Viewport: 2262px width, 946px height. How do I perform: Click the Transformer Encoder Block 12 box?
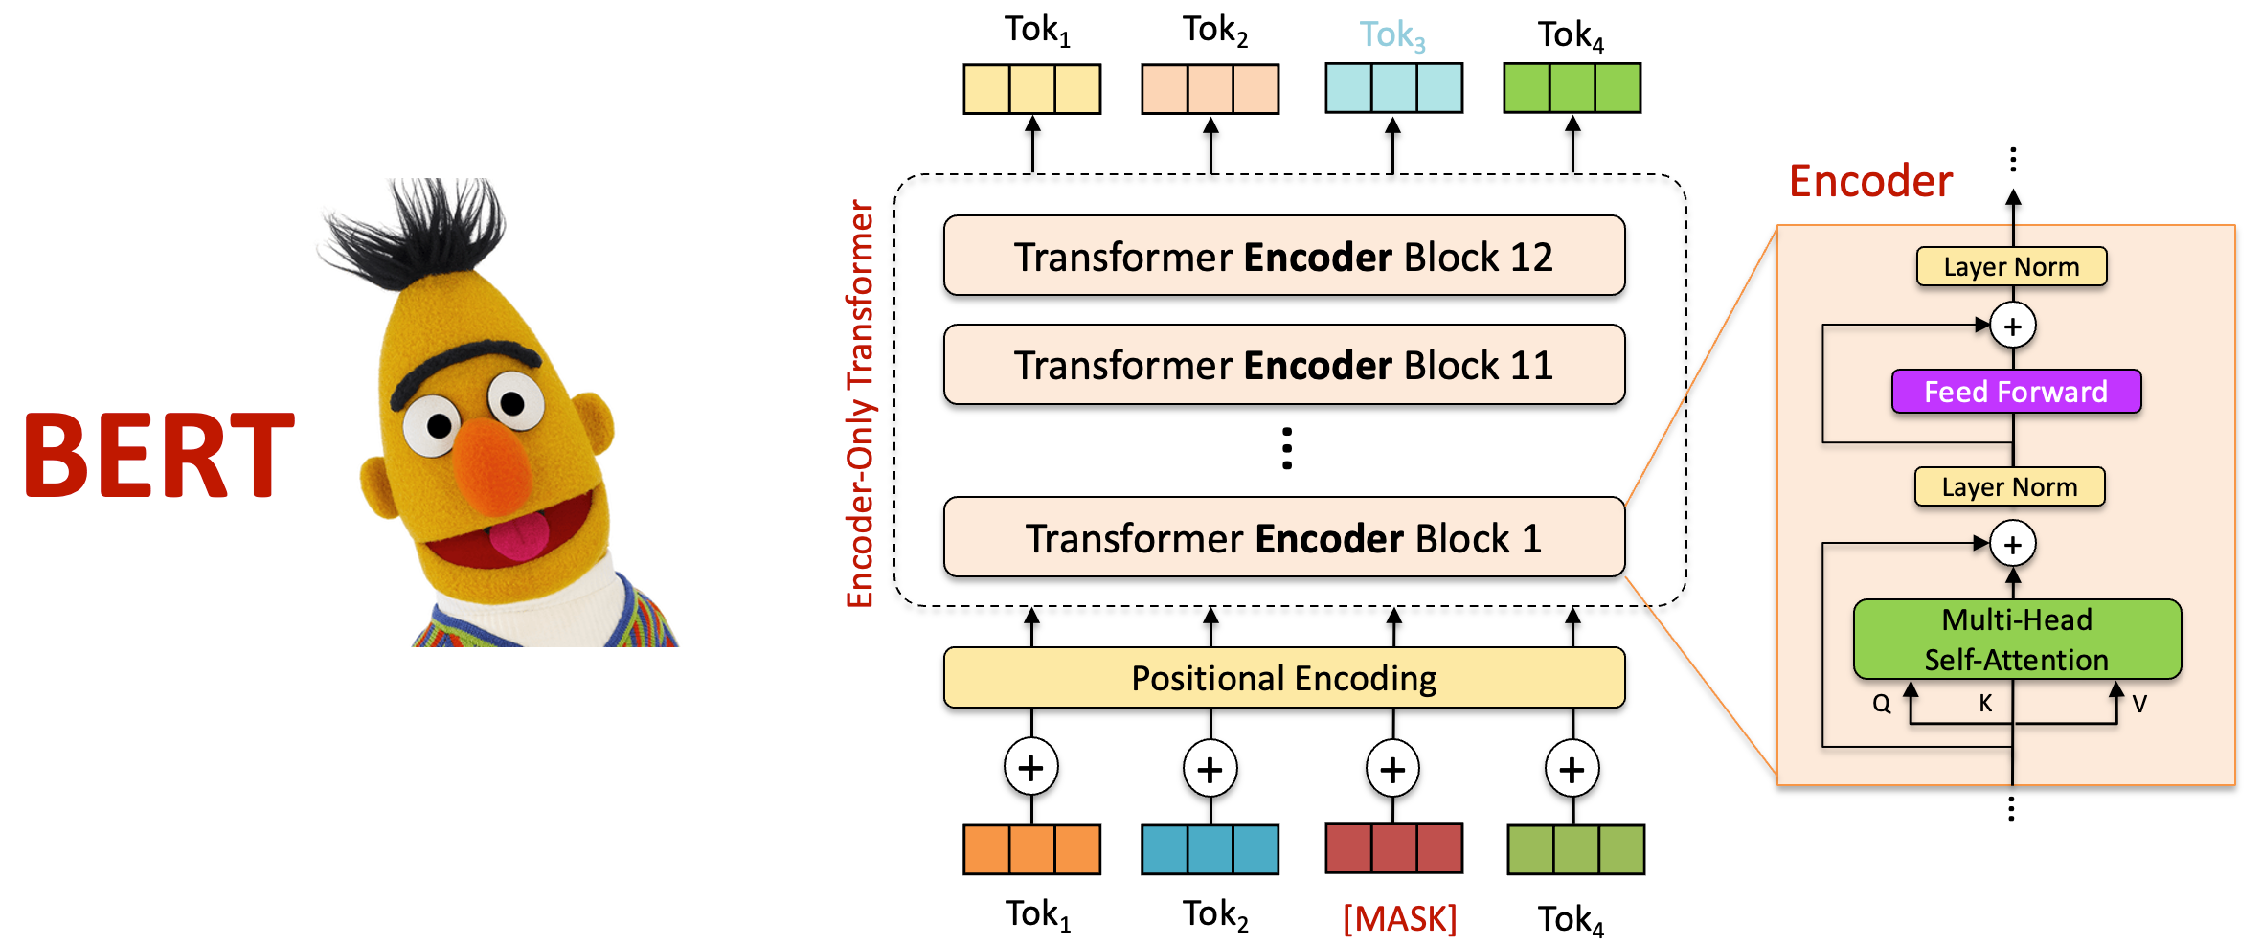(1284, 256)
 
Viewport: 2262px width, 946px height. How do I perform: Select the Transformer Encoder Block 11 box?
(1284, 365)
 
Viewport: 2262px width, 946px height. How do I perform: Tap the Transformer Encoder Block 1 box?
(1284, 537)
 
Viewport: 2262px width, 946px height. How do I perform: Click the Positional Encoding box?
(1284, 678)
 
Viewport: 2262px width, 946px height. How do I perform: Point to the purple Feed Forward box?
(2016, 392)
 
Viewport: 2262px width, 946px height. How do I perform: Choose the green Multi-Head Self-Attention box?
(2017, 640)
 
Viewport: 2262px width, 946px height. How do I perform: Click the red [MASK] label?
(1399, 918)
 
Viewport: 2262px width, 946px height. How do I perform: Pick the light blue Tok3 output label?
(1392, 35)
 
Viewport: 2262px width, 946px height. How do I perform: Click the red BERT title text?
(159, 456)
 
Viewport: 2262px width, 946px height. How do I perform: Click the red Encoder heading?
(1870, 181)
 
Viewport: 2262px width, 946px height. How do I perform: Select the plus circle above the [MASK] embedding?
(1392, 768)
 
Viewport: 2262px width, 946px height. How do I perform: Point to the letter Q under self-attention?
(1882, 704)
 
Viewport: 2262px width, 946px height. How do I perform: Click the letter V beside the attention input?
(2139, 704)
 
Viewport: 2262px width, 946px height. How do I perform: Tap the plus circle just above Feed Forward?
(2013, 327)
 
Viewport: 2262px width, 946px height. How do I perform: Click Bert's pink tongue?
(520, 537)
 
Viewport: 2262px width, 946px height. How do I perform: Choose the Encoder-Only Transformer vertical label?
(860, 403)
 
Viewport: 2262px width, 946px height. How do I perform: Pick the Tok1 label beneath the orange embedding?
(1037, 915)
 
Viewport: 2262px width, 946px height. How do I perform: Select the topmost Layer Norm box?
(2011, 266)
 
